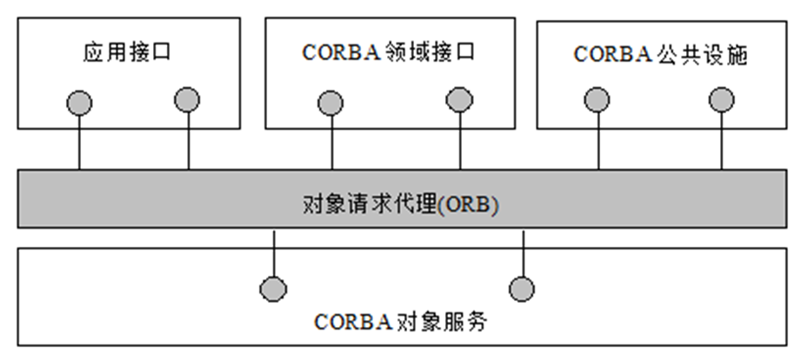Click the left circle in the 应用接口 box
(79, 103)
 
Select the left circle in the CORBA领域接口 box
(330, 103)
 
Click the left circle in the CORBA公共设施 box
(597, 100)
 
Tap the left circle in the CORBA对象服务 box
(274, 287)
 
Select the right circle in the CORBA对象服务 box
(522, 287)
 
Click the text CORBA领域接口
(389, 53)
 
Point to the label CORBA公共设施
(661, 54)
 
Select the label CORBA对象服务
(400, 323)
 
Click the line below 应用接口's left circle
(79, 143)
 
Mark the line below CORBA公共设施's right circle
(721, 141)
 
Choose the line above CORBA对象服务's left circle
(274, 252)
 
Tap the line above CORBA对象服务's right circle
(522, 252)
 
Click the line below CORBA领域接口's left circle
(330, 143)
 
